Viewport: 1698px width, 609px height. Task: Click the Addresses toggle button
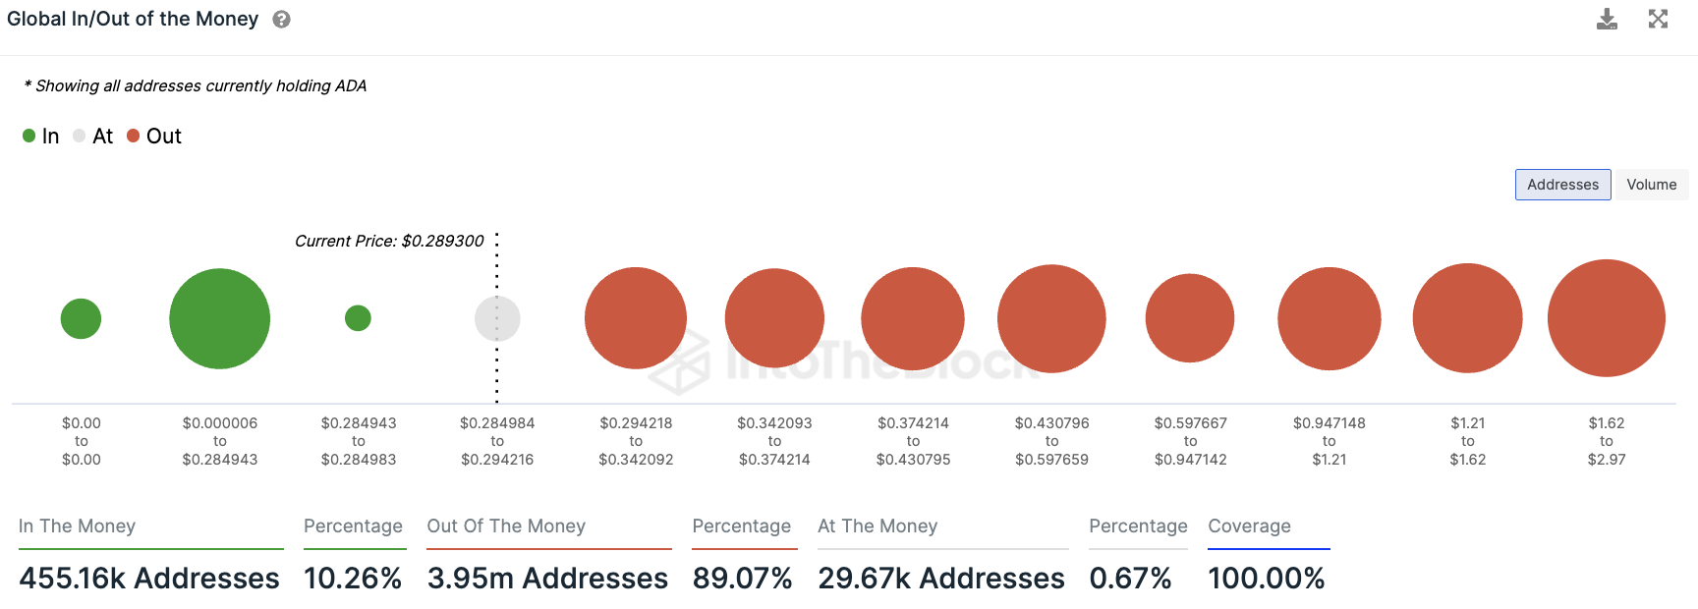(x=1562, y=185)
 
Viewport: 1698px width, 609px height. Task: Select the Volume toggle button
(x=1651, y=185)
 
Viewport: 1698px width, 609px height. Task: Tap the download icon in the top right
(x=1607, y=20)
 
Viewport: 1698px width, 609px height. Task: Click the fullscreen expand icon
(x=1658, y=20)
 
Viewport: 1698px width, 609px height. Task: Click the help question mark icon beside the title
(x=281, y=20)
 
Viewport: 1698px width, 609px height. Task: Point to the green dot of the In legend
(x=29, y=136)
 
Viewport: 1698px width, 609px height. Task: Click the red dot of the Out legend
(x=134, y=136)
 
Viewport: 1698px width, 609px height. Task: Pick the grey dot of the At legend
(x=80, y=136)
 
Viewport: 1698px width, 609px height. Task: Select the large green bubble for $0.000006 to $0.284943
(x=219, y=318)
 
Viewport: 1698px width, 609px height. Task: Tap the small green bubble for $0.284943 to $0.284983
(x=358, y=318)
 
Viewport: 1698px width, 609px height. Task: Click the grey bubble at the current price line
(x=497, y=318)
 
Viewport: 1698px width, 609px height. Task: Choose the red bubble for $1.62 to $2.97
(x=1606, y=318)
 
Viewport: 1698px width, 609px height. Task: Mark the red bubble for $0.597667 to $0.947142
(x=1190, y=318)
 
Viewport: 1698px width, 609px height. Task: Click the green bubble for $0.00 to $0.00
(x=81, y=318)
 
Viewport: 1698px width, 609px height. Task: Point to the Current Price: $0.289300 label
(x=389, y=241)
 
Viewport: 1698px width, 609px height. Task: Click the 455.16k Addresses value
(x=149, y=579)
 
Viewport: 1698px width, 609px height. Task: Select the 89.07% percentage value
(x=742, y=579)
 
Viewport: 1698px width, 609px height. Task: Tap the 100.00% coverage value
(x=1267, y=579)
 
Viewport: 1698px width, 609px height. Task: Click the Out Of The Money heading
(x=506, y=526)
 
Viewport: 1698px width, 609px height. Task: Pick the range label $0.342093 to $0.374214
(x=774, y=441)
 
